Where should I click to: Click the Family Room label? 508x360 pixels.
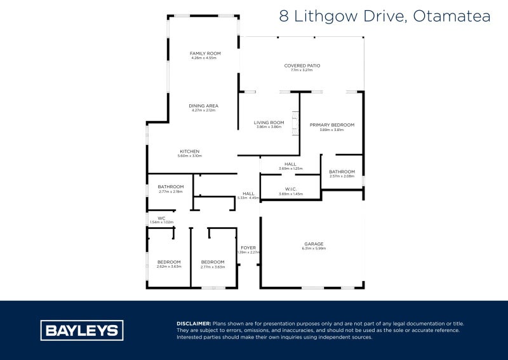[x=204, y=53]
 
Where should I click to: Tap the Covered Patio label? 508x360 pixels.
[x=302, y=66]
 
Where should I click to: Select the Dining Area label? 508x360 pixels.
[x=204, y=106]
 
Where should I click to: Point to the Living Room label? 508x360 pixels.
[x=269, y=123]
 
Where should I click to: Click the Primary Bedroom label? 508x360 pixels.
[x=332, y=125]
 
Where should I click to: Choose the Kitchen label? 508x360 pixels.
[x=189, y=151]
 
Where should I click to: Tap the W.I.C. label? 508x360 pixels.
[x=291, y=189]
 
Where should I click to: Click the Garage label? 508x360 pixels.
[x=314, y=244]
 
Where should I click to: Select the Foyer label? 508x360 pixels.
[x=248, y=248]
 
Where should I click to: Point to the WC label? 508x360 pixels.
[x=161, y=218]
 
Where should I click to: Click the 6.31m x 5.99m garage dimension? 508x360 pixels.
[x=314, y=249]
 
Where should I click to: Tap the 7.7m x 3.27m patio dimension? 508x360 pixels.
[x=302, y=71]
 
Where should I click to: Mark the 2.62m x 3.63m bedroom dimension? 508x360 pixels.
[x=169, y=267]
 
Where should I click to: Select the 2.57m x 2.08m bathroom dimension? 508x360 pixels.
[x=342, y=176]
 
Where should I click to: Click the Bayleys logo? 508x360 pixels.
[x=82, y=330]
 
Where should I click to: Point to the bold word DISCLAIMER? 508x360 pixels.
[x=194, y=324]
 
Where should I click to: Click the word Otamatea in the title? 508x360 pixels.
[x=451, y=17]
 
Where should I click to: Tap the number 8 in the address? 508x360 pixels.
[x=284, y=17]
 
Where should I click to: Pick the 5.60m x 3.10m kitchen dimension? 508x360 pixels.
[x=189, y=156]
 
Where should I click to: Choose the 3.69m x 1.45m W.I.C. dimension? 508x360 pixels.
[x=291, y=194]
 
